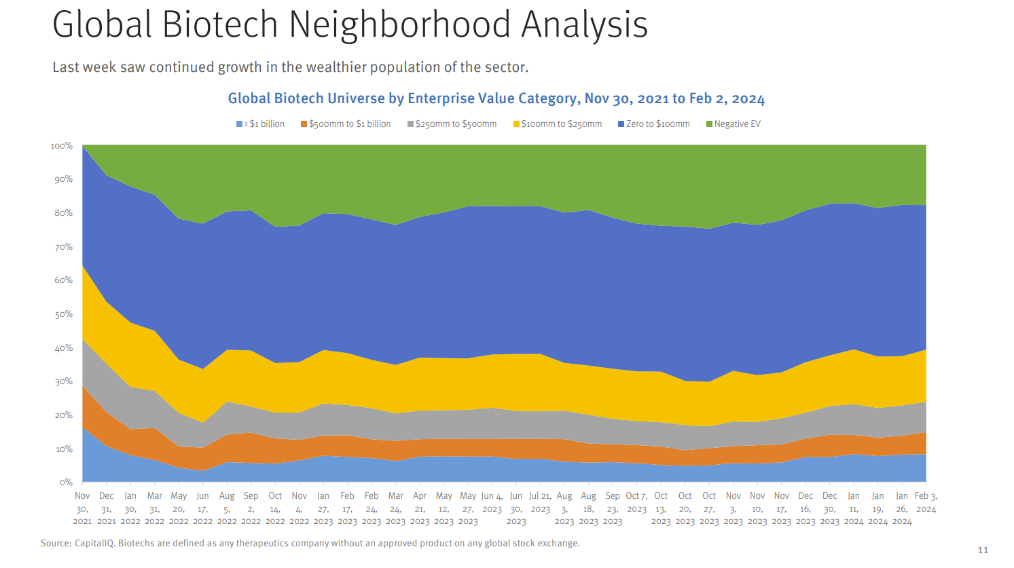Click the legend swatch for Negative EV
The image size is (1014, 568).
click(710, 124)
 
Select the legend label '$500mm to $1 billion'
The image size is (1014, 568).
click(350, 124)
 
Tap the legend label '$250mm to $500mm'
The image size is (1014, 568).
click(456, 124)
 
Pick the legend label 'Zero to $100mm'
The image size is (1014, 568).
click(657, 124)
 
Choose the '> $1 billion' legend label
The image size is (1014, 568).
click(264, 124)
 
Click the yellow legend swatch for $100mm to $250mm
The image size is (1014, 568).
click(516, 124)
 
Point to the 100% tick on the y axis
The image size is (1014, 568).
click(62, 146)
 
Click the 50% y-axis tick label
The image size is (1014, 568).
click(63, 314)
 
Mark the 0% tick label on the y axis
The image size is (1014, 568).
click(66, 482)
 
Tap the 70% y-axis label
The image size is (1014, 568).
click(63, 247)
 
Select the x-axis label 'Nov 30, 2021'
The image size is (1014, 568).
click(82, 508)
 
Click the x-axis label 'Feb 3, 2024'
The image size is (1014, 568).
click(926, 502)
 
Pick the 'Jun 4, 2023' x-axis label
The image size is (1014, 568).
click(492, 502)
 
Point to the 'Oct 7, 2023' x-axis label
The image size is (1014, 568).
click(636, 502)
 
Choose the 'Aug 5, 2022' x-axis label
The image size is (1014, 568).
click(227, 508)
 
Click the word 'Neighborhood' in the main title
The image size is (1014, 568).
click(399, 24)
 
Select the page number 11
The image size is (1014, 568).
click(983, 550)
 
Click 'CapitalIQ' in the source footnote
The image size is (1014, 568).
click(94, 544)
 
